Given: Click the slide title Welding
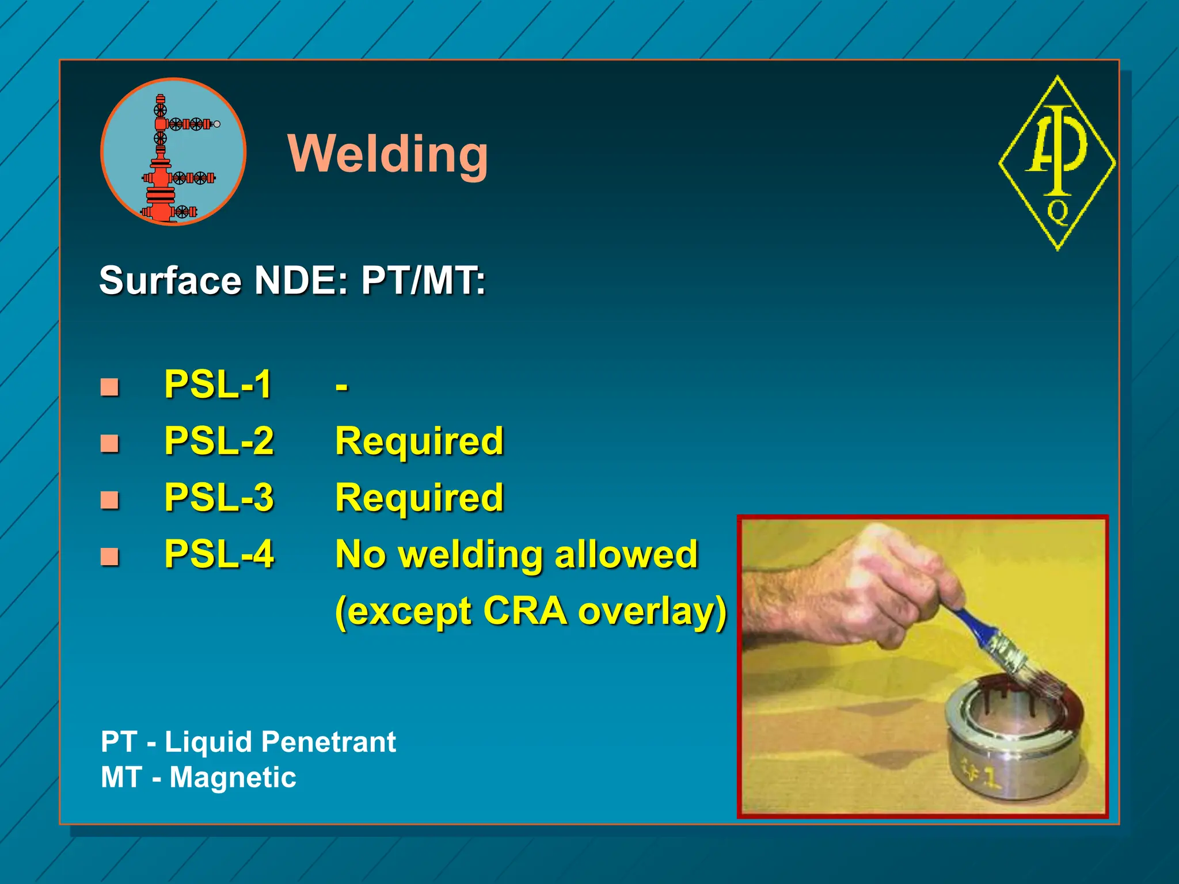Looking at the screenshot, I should [x=388, y=154].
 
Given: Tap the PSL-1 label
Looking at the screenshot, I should [x=218, y=384].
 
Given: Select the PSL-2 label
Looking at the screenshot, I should [x=219, y=441].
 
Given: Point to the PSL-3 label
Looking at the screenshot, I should [x=219, y=497].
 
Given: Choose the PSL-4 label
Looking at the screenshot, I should [x=219, y=554].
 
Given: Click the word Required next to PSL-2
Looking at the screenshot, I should [x=419, y=441].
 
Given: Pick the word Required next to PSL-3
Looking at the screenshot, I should [x=419, y=498].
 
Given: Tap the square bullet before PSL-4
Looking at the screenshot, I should [x=109, y=557].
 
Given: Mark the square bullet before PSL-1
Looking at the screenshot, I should [x=109, y=387].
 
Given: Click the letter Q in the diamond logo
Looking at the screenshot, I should [x=1058, y=211].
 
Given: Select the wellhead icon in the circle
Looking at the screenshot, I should [x=173, y=153].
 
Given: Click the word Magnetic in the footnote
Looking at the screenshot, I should [x=233, y=778].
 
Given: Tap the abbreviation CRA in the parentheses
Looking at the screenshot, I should [x=525, y=611].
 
